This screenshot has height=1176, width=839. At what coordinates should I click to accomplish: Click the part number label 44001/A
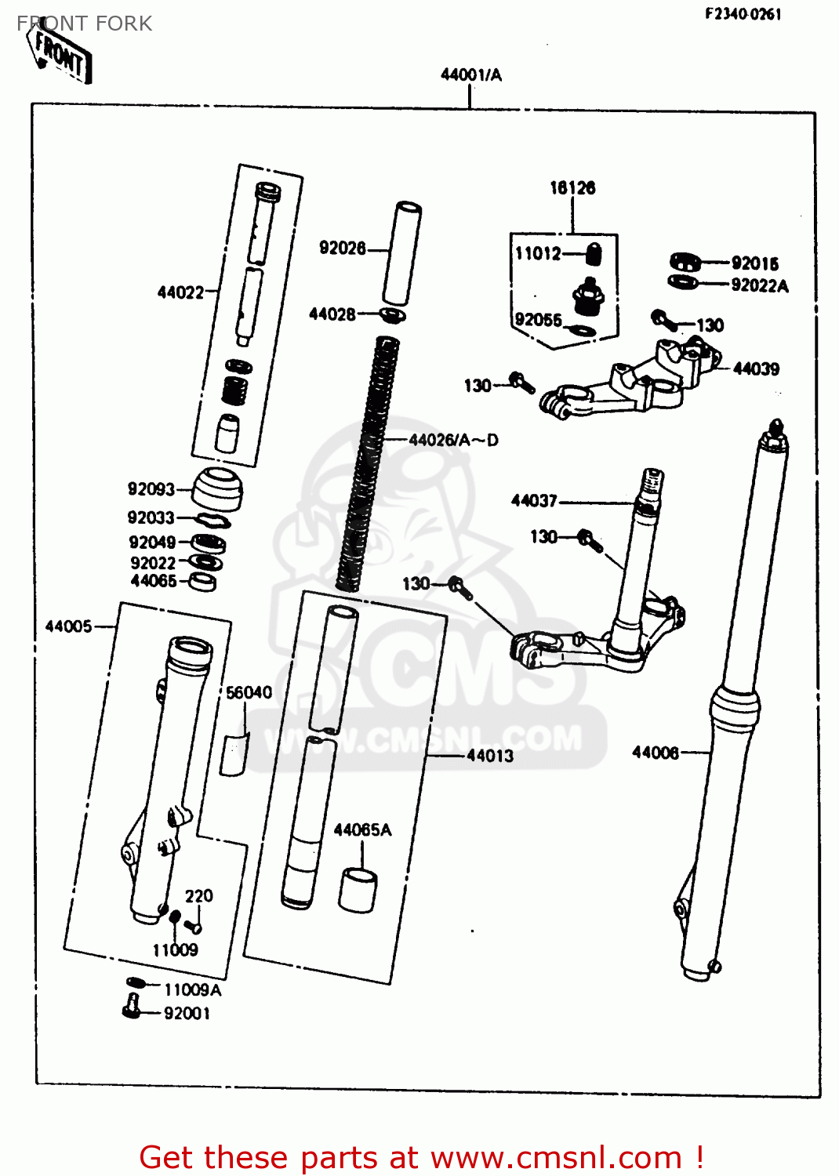(470, 75)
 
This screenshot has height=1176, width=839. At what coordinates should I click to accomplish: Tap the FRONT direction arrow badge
(61, 53)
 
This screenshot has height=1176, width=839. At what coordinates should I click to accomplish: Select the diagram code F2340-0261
(743, 13)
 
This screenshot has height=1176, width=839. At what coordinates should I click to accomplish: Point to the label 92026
(342, 249)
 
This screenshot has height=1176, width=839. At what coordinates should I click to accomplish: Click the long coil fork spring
(369, 463)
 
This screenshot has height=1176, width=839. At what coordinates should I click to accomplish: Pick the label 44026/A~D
(453, 440)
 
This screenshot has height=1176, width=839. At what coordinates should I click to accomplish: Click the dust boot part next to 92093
(217, 488)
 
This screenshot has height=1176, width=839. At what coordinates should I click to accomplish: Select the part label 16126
(572, 188)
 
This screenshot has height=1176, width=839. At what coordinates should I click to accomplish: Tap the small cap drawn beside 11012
(594, 254)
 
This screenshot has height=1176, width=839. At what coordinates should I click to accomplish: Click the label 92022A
(759, 286)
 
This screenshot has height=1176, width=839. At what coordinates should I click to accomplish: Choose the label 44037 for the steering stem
(534, 501)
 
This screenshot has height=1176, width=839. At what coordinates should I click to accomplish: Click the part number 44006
(656, 753)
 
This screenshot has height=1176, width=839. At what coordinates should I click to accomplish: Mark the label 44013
(490, 756)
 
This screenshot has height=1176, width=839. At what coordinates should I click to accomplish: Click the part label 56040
(249, 693)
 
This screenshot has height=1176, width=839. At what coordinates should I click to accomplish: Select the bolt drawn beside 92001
(132, 1006)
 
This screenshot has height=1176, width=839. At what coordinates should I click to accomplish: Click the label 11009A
(192, 990)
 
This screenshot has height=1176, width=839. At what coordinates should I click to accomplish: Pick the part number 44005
(68, 626)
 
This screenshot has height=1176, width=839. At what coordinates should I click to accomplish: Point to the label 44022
(180, 292)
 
